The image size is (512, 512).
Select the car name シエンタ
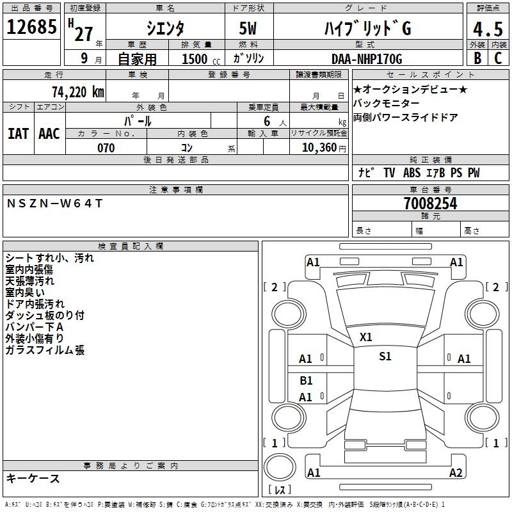pos(166,29)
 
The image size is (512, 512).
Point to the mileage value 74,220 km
pos(77,92)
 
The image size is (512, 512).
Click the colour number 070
pos(106,148)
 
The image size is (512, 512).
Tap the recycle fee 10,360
pos(316,148)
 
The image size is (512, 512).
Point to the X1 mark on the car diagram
pos(366,337)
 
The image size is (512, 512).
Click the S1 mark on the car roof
pos(385,357)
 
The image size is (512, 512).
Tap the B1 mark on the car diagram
pos(306,381)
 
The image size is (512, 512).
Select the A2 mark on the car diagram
pos(456,472)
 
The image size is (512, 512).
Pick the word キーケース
pos(32,478)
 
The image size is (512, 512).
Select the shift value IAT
pos(18,133)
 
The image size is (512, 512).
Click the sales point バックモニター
pos(387,104)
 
